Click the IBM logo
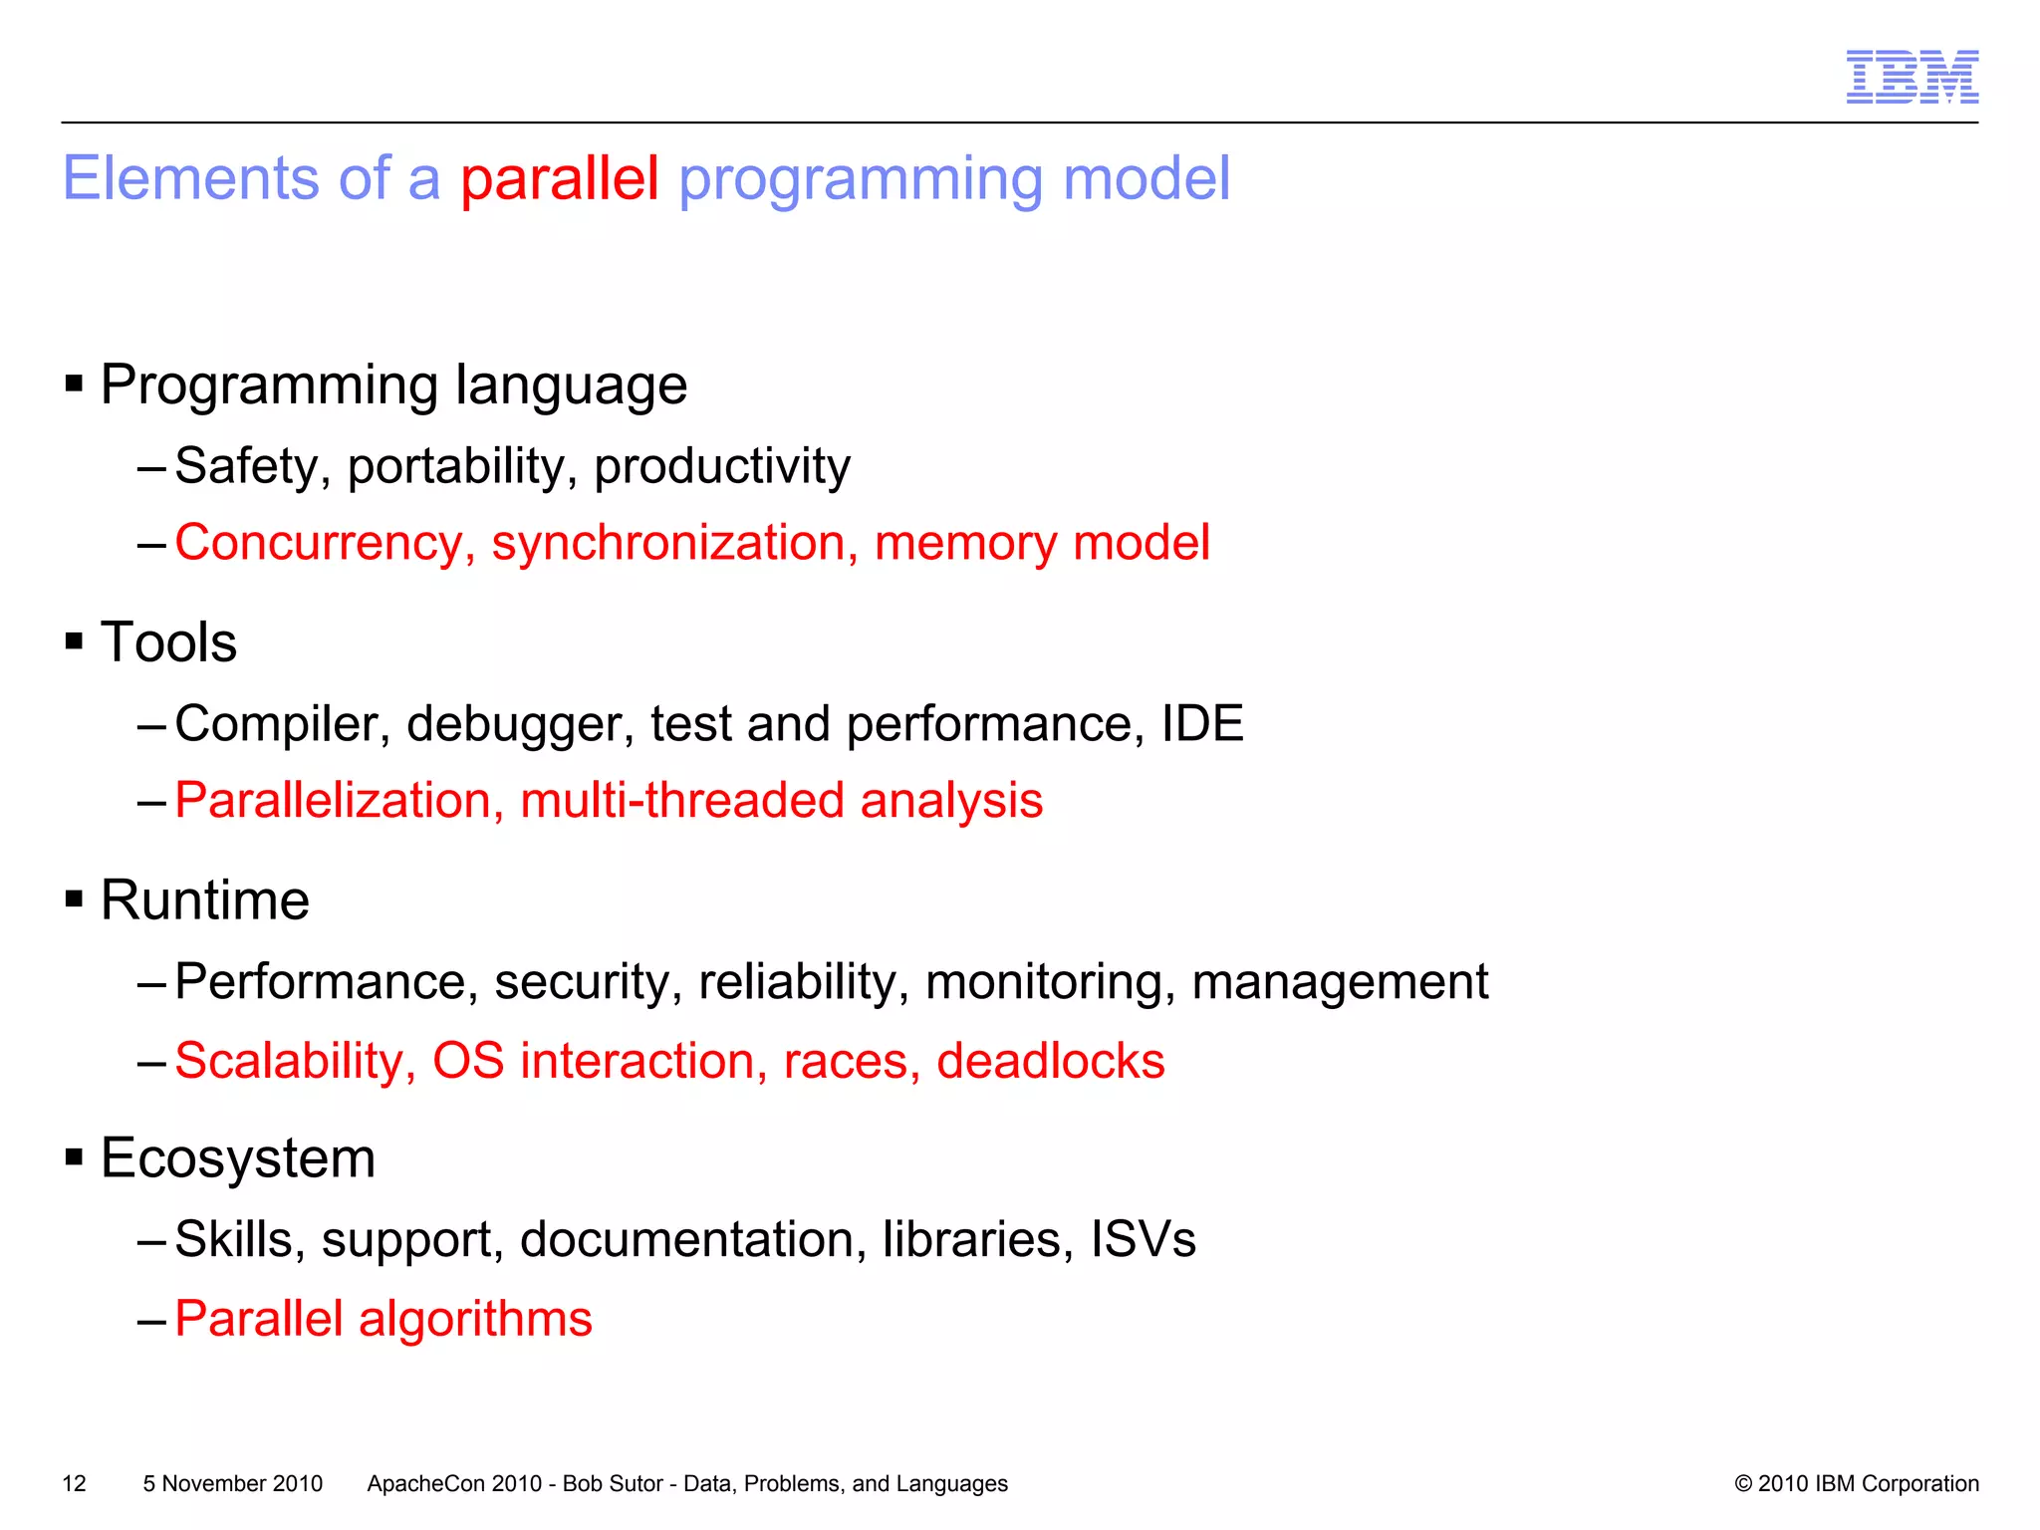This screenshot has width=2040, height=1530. click(x=1912, y=77)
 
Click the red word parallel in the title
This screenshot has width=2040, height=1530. click(x=559, y=178)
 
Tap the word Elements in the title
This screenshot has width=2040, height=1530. click(x=190, y=178)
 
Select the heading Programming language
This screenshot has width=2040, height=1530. click(x=393, y=384)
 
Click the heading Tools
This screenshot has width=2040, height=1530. click(x=168, y=642)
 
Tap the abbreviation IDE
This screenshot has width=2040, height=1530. click(x=1202, y=723)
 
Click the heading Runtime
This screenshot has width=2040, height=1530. click(x=205, y=900)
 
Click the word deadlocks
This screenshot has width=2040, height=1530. click(x=1050, y=1061)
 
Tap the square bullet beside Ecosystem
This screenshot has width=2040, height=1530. click(x=74, y=1157)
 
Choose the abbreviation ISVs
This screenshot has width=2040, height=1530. click(x=1143, y=1240)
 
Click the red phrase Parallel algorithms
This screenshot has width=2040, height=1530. click(x=383, y=1319)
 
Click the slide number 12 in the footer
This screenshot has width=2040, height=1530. click(x=74, y=1483)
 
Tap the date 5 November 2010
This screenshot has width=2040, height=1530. click(x=232, y=1483)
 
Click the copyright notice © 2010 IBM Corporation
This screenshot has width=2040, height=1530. click(x=1856, y=1483)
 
